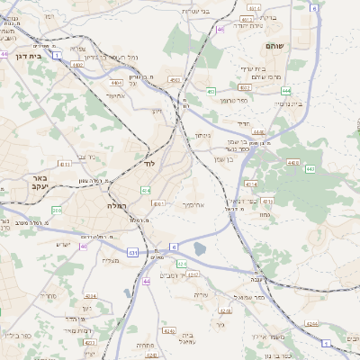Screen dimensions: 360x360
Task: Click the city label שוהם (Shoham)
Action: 274,45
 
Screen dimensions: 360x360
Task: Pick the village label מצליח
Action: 110,261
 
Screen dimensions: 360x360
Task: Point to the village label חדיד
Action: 242,124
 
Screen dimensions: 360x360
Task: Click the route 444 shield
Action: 285,91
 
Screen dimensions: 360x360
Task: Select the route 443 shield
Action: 310,168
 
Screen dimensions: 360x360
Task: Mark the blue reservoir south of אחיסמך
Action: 199,247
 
